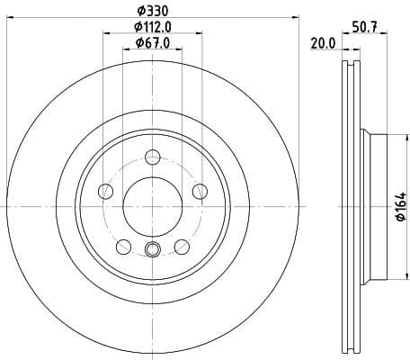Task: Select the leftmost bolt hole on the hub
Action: coord(105,190)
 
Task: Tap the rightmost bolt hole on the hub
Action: coord(198,190)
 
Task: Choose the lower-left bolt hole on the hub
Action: coord(122,244)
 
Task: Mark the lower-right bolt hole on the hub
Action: coord(180,244)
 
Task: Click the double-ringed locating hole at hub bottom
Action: coord(151,251)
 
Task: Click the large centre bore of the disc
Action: coord(151,202)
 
